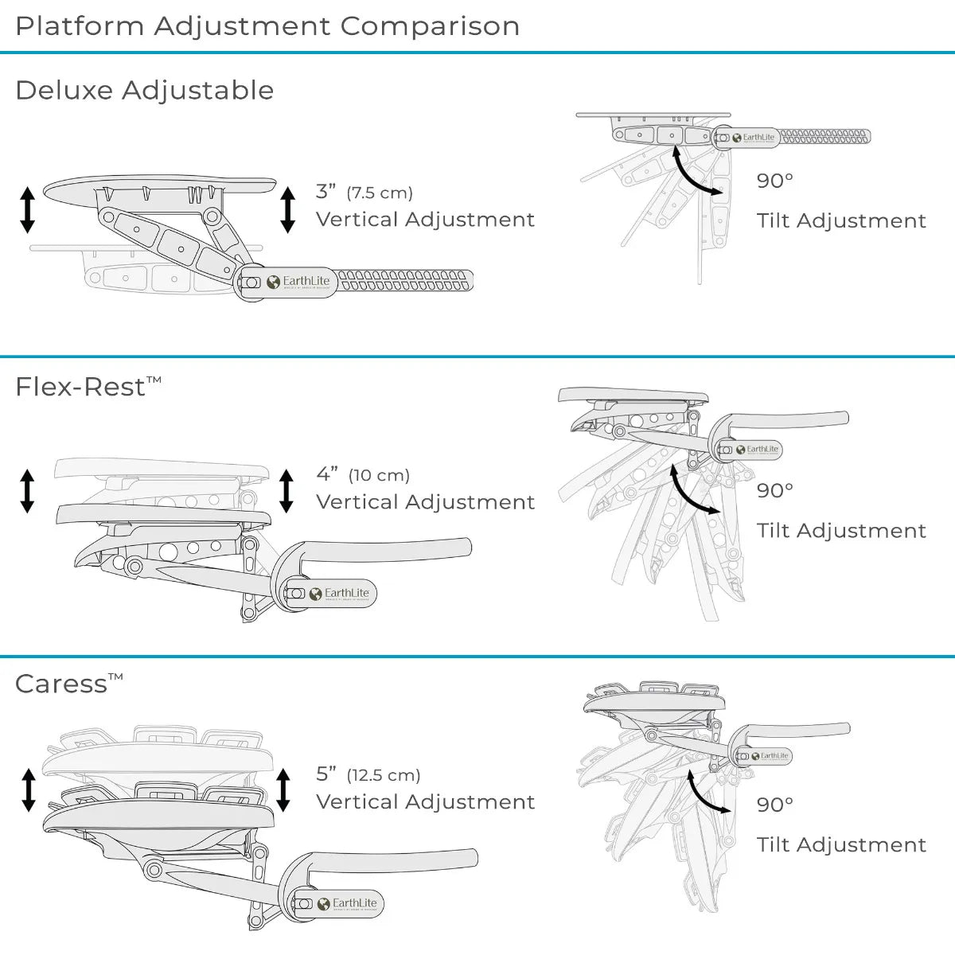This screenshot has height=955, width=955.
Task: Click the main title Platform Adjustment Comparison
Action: pos(267,26)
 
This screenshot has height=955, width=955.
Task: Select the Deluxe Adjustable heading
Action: pos(144,90)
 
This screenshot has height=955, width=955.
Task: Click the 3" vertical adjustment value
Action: pos(325,192)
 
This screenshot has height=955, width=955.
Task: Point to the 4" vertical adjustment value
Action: pos(326,474)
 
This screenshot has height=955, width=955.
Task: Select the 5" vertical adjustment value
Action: pos(326,774)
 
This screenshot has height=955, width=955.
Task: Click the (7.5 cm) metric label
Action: pos(380,193)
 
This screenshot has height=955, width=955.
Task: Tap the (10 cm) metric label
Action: pos(379,475)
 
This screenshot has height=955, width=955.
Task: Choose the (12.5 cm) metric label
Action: pos(384,774)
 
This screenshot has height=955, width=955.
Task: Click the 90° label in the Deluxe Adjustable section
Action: pos(774,181)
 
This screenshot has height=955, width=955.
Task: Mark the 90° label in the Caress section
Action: pos(774,805)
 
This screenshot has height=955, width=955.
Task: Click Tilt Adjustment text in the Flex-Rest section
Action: pos(841,531)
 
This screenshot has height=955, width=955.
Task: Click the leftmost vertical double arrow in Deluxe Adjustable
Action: pos(28,210)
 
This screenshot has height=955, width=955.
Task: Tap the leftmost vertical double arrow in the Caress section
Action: pos(29,789)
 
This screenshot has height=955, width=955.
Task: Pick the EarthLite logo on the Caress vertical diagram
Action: pos(347,903)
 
